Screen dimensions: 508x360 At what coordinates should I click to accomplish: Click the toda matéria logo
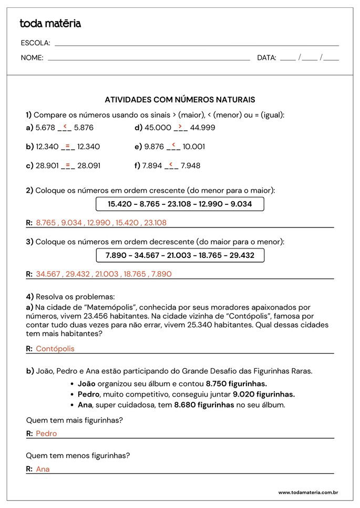pyautogui.click(x=50, y=24)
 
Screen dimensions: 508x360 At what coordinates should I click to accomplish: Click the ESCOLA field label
pyautogui.click(x=35, y=43)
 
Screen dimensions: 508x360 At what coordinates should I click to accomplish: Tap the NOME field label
pyautogui.click(x=32, y=58)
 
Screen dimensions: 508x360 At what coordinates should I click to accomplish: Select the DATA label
pyautogui.click(x=266, y=58)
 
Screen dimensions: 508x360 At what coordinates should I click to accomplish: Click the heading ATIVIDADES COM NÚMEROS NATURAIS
pyautogui.click(x=180, y=99)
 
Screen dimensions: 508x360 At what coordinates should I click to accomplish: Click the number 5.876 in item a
pyautogui.click(x=84, y=128)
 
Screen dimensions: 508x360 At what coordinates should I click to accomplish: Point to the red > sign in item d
pyautogui.click(x=180, y=126)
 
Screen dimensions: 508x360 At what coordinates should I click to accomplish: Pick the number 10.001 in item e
pyautogui.click(x=194, y=147)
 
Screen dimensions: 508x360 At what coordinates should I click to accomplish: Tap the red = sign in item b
pyautogui.click(x=68, y=145)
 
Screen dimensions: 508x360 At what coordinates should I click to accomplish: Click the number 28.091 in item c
pyautogui.click(x=89, y=166)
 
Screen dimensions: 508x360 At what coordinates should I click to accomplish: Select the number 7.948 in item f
pyautogui.click(x=190, y=166)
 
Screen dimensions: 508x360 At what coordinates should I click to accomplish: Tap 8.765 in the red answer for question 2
pyautogui.click(x=46, y=223)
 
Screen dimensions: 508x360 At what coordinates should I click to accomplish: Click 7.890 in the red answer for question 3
pyautogui.click(x=161, y=274)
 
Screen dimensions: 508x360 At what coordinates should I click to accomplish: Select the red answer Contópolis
pyautogui.click(x=55, y=349)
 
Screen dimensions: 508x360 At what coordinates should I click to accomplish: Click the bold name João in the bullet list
pyautogui.click(x=87, y=384)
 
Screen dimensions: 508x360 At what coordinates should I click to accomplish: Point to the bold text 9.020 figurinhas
pyautogui.click(x=264, y=395)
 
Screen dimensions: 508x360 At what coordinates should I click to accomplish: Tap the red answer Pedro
pyautogui.click(x=46, y=434)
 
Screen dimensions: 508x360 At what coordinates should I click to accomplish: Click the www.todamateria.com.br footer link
pyautogui.click(x=307, y=493)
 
